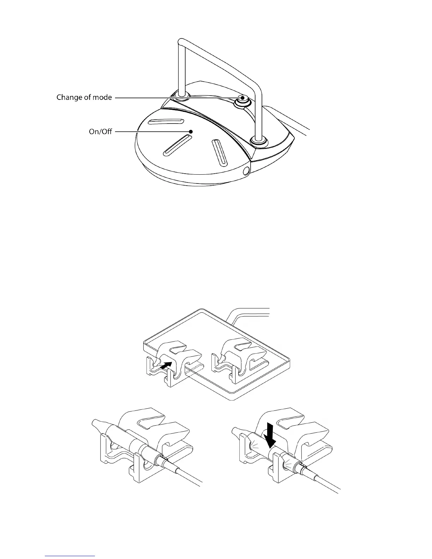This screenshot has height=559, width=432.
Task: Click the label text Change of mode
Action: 84,97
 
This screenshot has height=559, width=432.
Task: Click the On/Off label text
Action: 100,132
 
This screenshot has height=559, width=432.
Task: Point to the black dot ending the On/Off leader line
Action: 191,132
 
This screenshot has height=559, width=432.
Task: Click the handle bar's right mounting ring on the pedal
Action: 259,142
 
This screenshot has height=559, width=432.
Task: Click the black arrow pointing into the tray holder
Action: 166,365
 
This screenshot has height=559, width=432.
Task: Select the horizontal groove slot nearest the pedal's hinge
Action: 166,122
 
